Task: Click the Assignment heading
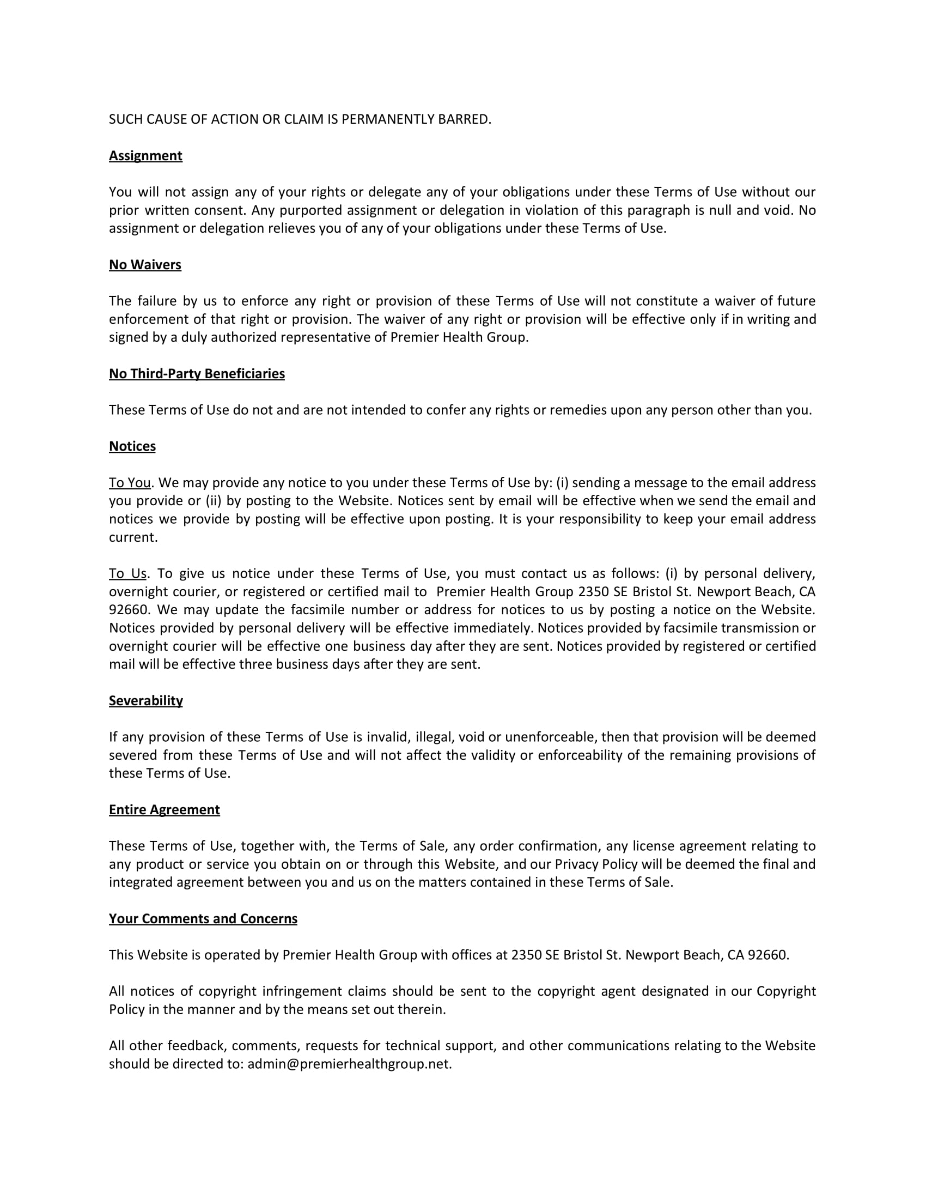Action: [145, 156]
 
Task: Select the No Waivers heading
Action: [145, 265]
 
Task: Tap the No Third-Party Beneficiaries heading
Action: [197, 374]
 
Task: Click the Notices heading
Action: [132, 446]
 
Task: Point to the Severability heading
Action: [145, 700]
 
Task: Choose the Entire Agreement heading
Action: [164, 810]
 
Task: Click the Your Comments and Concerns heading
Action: [203, 918]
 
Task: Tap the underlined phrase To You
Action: [130, 482]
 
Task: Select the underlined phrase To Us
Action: [127, 574]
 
